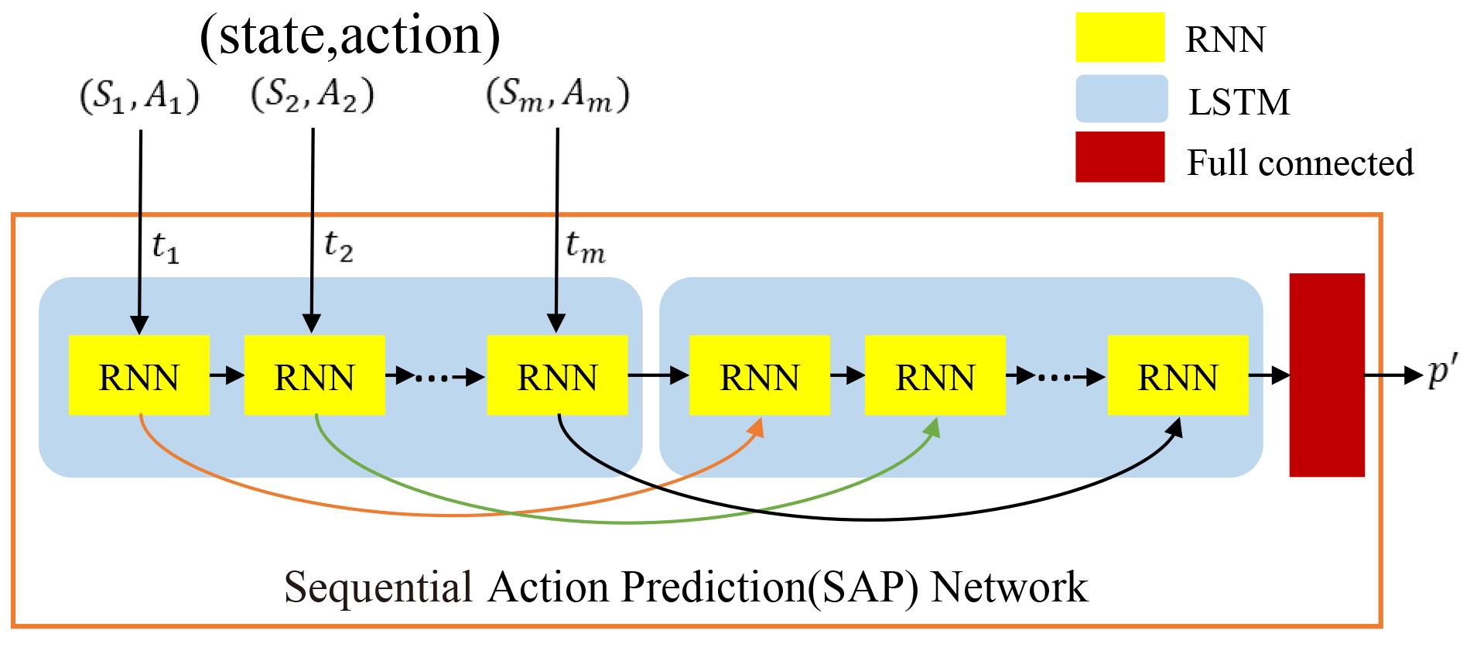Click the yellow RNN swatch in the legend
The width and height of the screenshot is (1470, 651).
point(1120,37)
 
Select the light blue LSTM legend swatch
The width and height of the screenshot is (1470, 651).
point(1121,98)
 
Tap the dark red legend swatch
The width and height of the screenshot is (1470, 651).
point(1120,156)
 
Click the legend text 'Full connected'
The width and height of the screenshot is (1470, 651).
point(1300,163)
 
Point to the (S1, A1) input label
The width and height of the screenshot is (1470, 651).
point(140,98)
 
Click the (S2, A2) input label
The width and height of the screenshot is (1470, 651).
point(313,96)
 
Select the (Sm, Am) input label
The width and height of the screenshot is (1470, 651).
point(557,97)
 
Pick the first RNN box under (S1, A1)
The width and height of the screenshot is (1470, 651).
point(139,375)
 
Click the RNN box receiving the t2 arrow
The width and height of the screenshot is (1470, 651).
point(314,375)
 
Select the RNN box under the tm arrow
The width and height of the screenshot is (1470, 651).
point(557,375)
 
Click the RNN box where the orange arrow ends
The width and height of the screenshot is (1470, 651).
point(760,375)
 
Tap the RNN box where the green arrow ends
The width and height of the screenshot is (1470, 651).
point(935,375)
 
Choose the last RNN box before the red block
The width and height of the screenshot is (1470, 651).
point(1178,375)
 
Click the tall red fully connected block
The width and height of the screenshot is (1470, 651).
point(1327,375)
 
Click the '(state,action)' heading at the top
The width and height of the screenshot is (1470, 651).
point(350,36)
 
